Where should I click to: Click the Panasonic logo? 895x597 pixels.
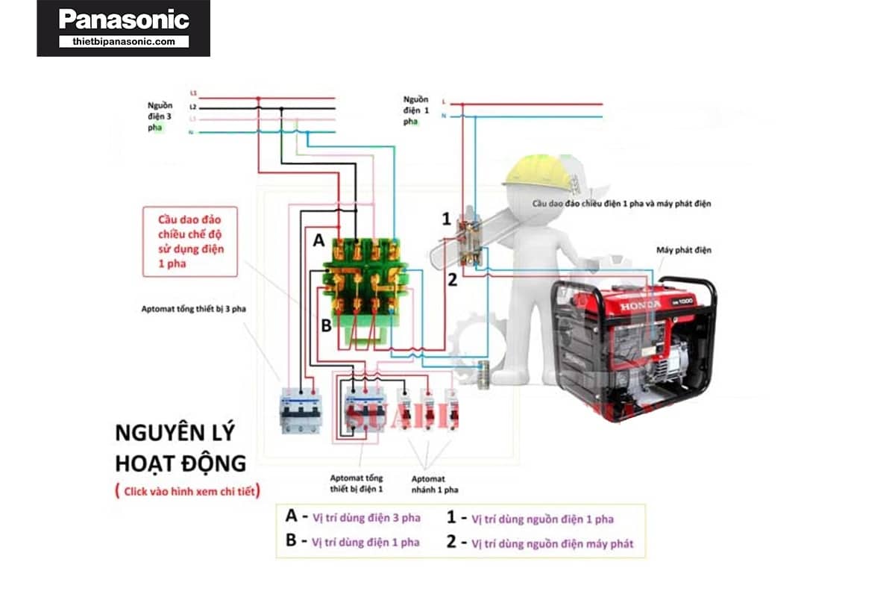coord(124,19)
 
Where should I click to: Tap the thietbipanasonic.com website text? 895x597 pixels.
coord(124,42)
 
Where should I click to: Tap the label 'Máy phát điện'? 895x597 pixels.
coord(683,250)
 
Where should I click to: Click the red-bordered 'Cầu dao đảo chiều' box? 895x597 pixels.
coord(190,242)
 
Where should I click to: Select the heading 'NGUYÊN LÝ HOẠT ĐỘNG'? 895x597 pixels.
coord(179,448)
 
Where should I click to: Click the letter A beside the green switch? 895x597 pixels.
coord(318,241)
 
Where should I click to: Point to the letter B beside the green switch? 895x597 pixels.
coord(326,325)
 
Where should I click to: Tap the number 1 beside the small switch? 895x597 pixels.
coord(446,219)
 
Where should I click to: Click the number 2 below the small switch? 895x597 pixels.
coord(451,281)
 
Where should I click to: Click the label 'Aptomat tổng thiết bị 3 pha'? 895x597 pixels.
coord(193,307)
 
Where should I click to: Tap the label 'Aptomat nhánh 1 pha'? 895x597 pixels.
coord(434,484)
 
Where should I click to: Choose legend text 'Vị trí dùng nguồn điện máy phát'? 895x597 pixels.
coord(552,543)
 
